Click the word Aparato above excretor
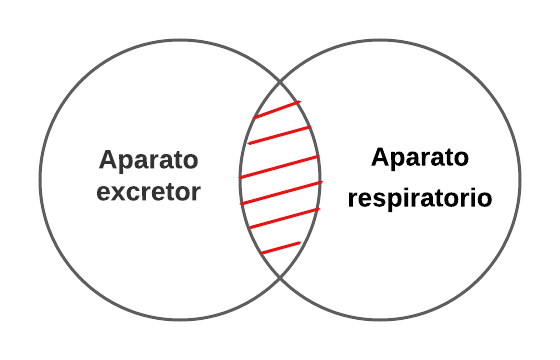tap(149, 161)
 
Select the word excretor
tap(149, 192)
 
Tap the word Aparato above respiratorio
tap(419, 157)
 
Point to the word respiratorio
tap(419, 198)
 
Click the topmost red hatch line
tap(276, 109)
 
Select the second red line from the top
tap(280, 134)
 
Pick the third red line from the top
tap(280, 166)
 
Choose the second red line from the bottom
tap(283, 218)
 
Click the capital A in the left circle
tap(107, 160)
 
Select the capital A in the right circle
tap(378, 157)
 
